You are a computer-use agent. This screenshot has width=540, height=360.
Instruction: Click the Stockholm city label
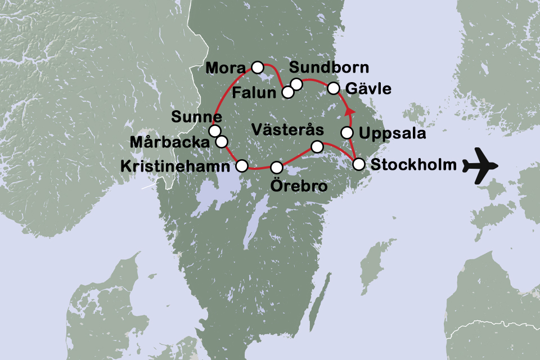coord(412,165)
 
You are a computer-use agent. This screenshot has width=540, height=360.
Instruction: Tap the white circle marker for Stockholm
coord(358,164)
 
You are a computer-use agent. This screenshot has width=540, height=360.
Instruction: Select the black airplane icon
coord(481,165)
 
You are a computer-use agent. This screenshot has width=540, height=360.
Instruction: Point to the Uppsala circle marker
coord(348,133)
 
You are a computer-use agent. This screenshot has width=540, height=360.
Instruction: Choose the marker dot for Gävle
coord(334,88)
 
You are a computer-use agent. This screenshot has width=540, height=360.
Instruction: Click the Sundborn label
coord(329,68)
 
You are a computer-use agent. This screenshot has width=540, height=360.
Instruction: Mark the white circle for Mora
coord(257,67)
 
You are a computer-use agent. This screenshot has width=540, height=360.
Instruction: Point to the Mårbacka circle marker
coord(222,141)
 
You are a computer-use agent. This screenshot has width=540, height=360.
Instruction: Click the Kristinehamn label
coord(175,166)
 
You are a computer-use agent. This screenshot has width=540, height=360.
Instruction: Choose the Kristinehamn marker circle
coord(241,165)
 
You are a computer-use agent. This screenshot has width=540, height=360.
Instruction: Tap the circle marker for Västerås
coord(317,147)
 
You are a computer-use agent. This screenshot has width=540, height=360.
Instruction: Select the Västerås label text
coord(287,129)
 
